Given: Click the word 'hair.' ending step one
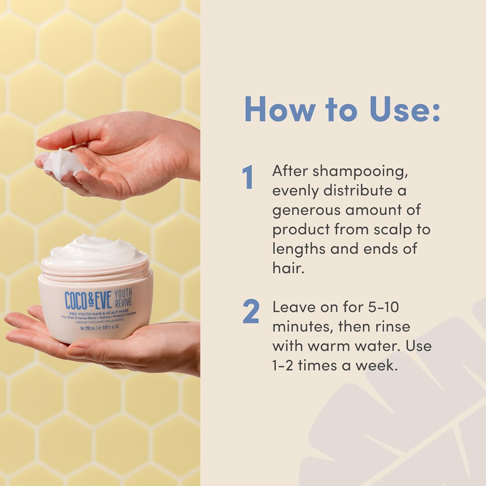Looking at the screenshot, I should click(x=288, y=268).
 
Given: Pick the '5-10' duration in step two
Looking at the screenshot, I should click(x=381, y=307).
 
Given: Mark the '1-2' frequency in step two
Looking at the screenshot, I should click(x=282, y=365).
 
